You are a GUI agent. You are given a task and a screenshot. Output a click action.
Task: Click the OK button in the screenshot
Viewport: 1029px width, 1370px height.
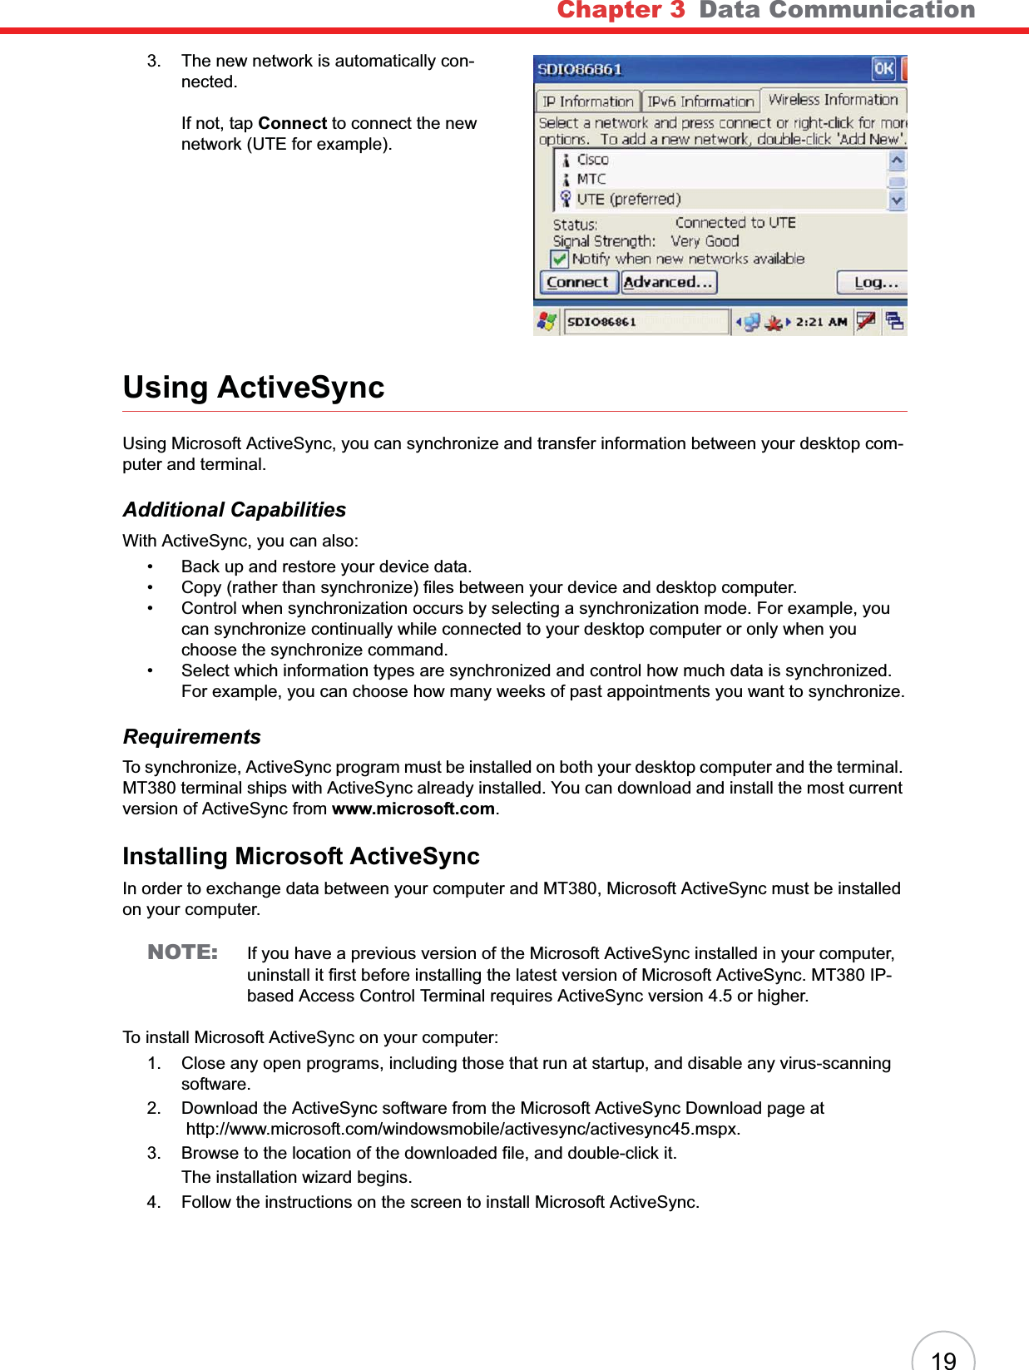coord(883,69)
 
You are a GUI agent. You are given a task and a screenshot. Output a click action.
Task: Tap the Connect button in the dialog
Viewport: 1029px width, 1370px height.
coord(577,283)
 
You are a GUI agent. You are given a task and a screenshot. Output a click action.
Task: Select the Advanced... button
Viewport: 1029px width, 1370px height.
coord(668,283)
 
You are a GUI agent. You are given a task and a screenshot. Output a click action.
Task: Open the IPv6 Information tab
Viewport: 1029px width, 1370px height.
coord(700,101)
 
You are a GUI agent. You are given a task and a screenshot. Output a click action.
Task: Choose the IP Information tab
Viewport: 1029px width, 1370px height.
coord(587,101)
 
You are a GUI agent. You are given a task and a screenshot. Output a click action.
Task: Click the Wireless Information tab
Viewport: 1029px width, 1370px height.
coord(833,100)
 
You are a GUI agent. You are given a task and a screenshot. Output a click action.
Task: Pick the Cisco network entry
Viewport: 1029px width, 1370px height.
coord(592,160)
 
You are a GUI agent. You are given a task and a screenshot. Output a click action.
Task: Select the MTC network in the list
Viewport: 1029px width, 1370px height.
coord(591,179)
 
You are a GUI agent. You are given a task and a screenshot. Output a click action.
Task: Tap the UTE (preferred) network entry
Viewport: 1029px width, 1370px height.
coord(628,199)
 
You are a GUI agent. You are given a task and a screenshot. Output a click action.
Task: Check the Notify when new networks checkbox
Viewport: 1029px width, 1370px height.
coord(560,260)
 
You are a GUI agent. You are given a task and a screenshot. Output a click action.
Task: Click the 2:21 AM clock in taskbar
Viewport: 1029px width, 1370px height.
coord(821,322)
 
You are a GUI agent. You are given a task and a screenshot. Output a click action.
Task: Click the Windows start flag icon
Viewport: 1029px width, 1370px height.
coord(547,321)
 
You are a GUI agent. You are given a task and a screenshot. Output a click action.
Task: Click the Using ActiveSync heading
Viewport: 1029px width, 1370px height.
coord(254,388)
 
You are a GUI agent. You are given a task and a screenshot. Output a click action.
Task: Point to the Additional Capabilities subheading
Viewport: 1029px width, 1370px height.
coord(235,510)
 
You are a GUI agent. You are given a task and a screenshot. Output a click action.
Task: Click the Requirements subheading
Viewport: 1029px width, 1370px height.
coord(192,737)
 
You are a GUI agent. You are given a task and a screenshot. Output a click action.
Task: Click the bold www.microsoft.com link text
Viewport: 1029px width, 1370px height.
coord(413,809)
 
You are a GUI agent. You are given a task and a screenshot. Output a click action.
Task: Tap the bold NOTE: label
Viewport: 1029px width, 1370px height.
coord(182,952)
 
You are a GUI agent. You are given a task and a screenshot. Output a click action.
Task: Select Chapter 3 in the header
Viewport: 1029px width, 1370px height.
coord(621,10)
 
